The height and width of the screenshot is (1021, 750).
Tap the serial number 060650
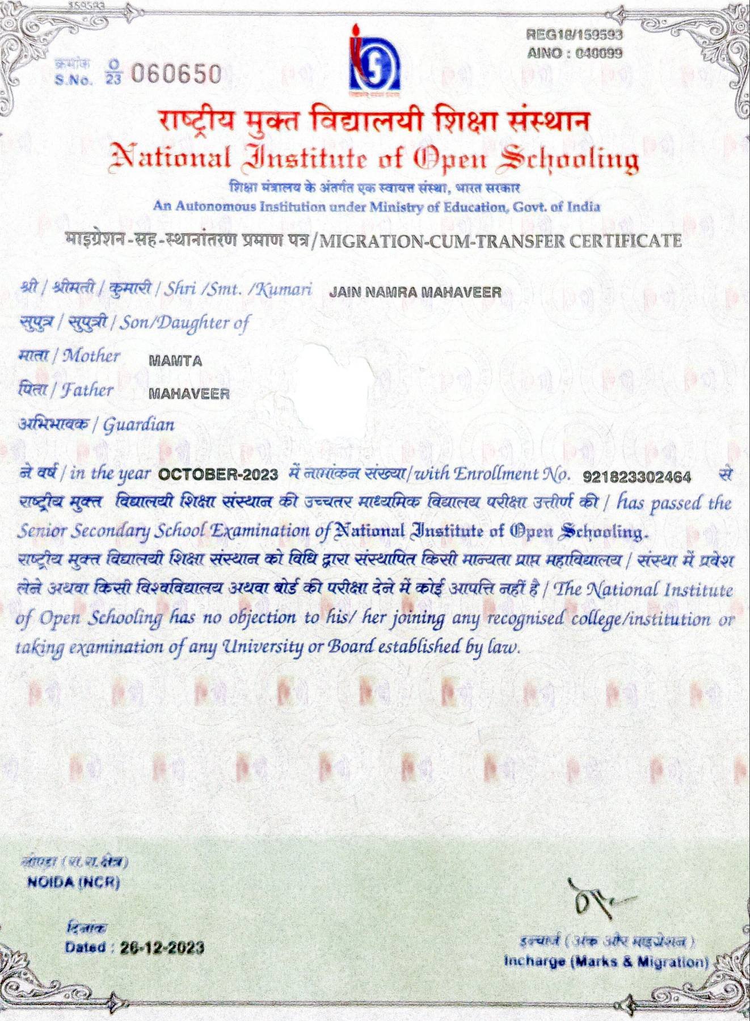[x=175, y=74]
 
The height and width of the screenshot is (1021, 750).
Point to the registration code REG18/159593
[x=574, y=35]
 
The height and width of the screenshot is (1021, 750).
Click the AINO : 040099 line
[x=574, y=53]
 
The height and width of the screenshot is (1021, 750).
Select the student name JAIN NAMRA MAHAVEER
[x=415, y=293]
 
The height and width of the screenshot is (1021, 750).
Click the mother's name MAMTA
[x=175, y=361]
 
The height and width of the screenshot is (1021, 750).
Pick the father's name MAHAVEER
[x=189, y=394]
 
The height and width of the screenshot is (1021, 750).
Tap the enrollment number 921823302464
[x=637, y=477]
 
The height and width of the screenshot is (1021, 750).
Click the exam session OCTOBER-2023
[x=218, y=474]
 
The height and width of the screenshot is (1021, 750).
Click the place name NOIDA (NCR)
[x=74, y=883]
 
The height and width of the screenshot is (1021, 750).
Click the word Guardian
[x=138, y=425]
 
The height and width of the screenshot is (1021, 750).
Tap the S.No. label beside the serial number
[x=74, y=80]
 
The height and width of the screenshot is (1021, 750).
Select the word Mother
[x=91, y=356]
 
